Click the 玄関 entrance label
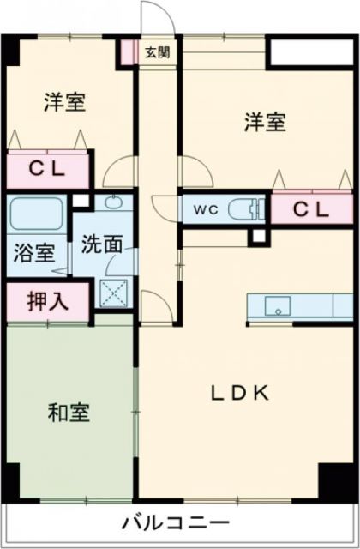point(157,52)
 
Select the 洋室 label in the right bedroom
point(263,122)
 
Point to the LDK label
point(241,393)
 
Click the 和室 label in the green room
point(68,413)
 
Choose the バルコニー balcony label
point(175,522)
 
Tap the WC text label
point(204,208)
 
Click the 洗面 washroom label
point(102,244)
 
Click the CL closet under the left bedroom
point(49,168)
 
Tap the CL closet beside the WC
point(312,208)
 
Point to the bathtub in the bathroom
point(37,214)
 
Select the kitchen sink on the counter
point(277,305)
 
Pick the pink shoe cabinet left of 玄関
point(129,51)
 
